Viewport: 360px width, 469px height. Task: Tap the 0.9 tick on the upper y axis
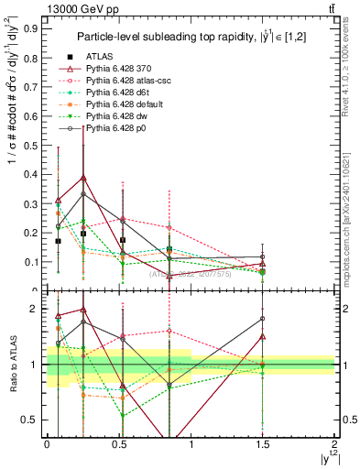coord(35,28)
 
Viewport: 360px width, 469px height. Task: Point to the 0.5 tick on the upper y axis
coord(35,145)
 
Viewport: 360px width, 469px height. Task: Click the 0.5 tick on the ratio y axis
coord(35,420)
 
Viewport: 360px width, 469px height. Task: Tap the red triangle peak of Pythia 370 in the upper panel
coord(84,178)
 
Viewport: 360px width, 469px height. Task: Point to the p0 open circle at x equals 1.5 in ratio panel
coord(263,319)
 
